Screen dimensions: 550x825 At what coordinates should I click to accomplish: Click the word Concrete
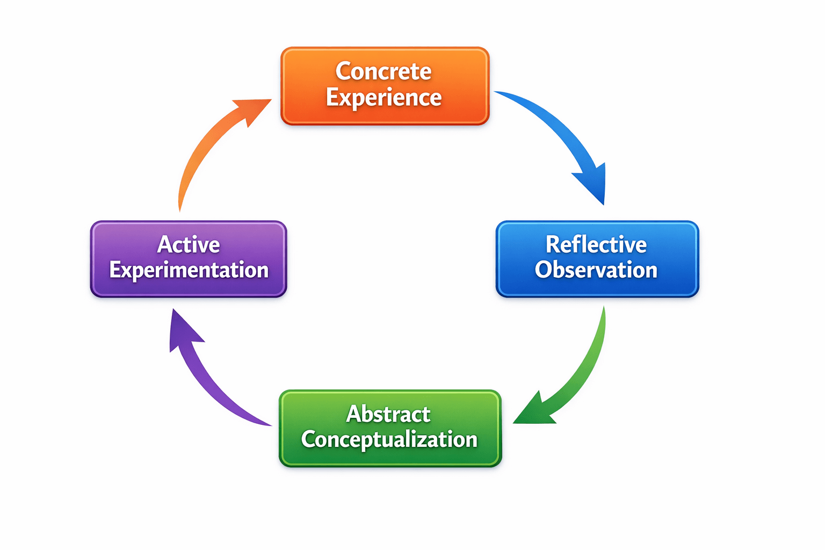pos(383,71)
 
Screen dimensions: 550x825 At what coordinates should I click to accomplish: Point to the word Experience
pos(383,98)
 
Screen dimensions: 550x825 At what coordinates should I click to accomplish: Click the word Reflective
pos(596,245)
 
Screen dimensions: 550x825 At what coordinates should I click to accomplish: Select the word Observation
pos(596,270)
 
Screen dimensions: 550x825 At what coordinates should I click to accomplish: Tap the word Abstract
pos(388,414)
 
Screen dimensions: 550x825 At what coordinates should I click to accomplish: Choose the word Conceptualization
pos(389,439)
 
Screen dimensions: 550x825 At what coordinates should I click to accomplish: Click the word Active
pos(189,245)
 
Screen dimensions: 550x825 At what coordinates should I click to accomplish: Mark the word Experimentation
pos(189,270)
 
